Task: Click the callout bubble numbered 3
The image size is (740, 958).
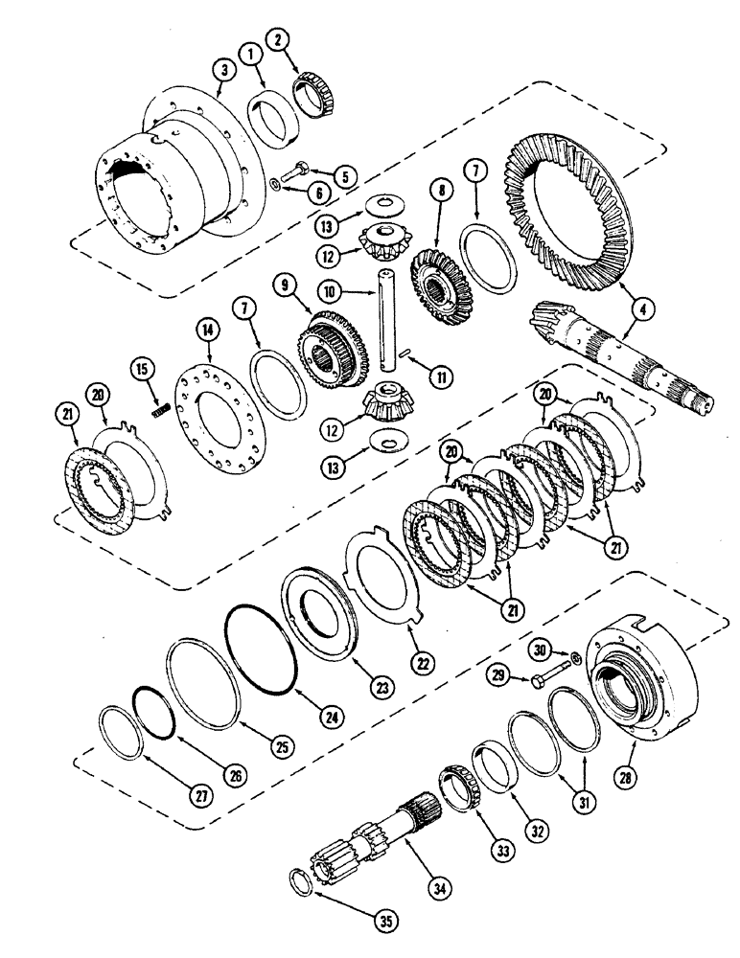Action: [x=222, y=71]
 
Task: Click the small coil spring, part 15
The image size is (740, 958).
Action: [x=161, y=409]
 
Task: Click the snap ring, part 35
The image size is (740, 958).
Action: [x=300, y=881]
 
